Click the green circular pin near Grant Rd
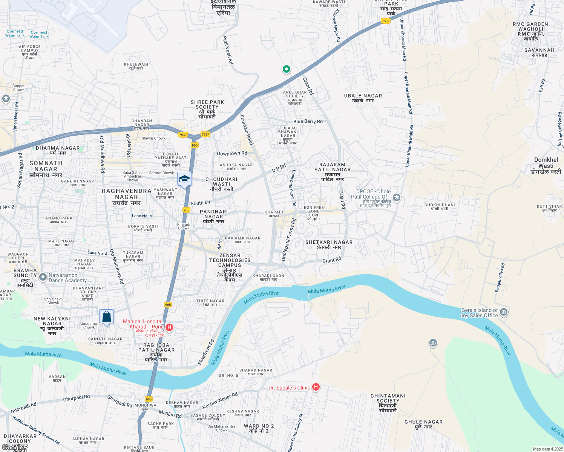tap(286, 69)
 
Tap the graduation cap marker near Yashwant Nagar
tap(184, 179)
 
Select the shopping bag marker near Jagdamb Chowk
tap(106, 317)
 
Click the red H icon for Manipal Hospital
tap(169, 327)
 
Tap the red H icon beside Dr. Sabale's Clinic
tap(316, 387)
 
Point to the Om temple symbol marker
tap(433, 343)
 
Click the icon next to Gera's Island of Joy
tap(504, 312)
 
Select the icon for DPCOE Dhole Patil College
tap(396, 197)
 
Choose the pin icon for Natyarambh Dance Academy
tap(43, 277)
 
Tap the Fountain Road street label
tap(247, 130)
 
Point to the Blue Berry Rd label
tap(308, 122)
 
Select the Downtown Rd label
tap(232, 153)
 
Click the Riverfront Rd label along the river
tap(206, 353)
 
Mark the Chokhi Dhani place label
tap(440, 207)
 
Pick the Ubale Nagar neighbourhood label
tap(363, 98)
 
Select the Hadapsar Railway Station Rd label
tap(36, 430)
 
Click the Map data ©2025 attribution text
tap(547, 449)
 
